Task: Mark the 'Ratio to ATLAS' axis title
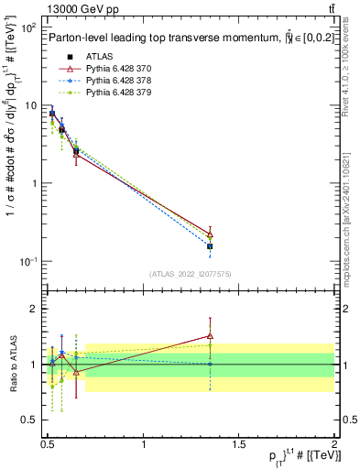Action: (12, 364)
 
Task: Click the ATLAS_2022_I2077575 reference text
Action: (191, 274)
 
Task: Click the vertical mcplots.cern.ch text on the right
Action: (351, 211)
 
